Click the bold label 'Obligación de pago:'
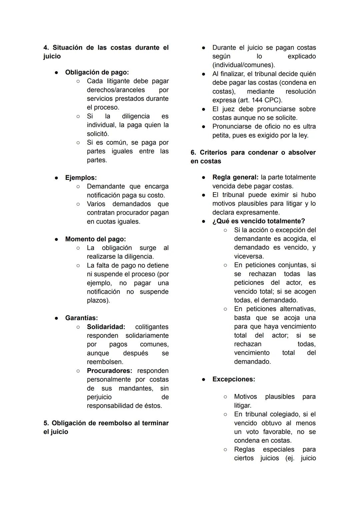tap(97, 72)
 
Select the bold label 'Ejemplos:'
tap(81, 178)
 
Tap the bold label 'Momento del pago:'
tap(95, 239)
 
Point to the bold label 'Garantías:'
tap(81, 318)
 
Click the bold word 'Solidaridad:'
tap(106, 327)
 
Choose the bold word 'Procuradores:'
tap(109, 371)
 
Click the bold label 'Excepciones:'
tap(233, 379)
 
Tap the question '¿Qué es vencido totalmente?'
tap(258, 221)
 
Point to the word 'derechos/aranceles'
tap(116, 90)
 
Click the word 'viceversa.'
tap(249, 256)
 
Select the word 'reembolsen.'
tap(105, 362)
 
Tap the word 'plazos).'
tap(98, 300)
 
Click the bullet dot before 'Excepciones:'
tap(203, 379)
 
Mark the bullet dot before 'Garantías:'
tap(56, 318)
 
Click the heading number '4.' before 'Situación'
tap(46, 48)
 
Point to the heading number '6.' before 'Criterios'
tap(193, 153)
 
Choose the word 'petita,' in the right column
tap(221, 136)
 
